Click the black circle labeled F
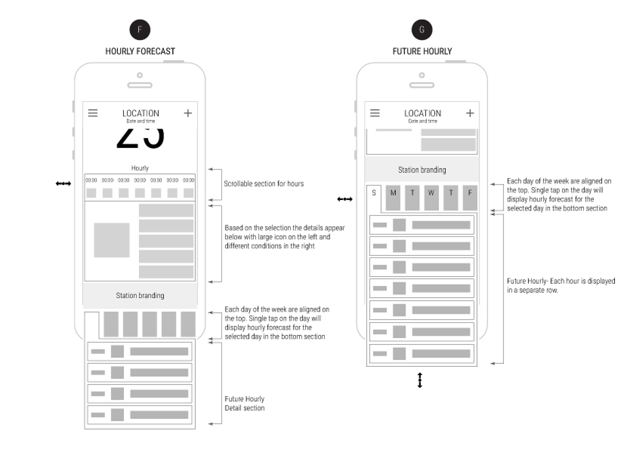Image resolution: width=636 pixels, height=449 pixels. pos(140,30)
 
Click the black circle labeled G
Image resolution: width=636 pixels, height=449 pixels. pos(422,30)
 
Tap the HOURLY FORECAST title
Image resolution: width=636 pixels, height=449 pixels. pos(140,51)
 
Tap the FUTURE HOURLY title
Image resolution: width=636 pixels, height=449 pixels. pos(422,51)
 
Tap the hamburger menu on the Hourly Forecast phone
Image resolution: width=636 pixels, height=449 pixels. pos(93,113)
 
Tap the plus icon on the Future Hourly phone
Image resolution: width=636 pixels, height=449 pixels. pos(470,113)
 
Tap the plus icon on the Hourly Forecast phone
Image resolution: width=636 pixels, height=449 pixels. pos(188,113)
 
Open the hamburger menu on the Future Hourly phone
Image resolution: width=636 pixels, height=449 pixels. pos(375,113)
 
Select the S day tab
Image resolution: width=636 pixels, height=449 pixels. pos(374,196)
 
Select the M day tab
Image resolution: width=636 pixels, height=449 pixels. pos(393,198)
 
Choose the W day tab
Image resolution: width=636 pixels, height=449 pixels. pos(431,198)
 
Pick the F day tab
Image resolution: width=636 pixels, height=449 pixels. pos(470,198)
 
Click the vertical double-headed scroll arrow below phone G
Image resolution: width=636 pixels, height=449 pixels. pos(420,380)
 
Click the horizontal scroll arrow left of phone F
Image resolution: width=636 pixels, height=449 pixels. pos(64,184)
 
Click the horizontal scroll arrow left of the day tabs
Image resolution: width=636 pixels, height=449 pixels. pos(345,199)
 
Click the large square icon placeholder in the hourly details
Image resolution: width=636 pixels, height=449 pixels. pos(112,240)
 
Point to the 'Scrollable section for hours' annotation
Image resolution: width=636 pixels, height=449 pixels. pos(264,184)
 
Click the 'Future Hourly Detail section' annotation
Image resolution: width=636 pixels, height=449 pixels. pos(245,403)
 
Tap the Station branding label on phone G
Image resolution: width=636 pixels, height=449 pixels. pos(422,170)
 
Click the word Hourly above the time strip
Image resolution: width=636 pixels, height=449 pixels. pos(140,168)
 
